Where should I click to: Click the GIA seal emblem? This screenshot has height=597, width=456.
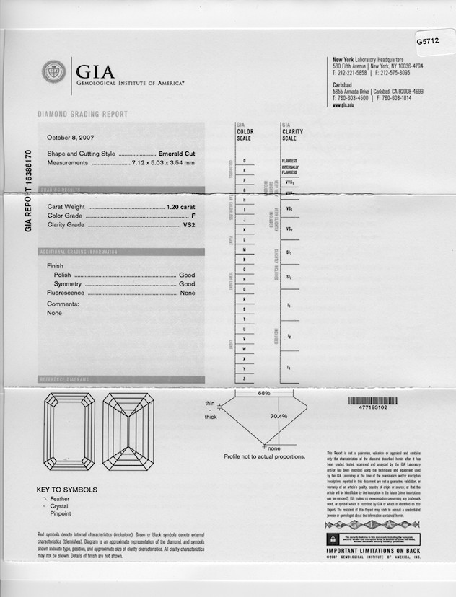pyautogui.click(x=53, y=73)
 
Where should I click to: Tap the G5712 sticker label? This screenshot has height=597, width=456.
pyautogui.click(x=428, y=42)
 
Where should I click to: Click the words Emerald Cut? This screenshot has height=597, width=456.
pyautogui.click(x=177, y=154)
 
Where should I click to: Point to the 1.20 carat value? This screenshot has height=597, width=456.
pyautogui.click(x=180, y=207)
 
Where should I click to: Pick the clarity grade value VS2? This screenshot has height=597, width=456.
pyautogui.click(x=188, y=225)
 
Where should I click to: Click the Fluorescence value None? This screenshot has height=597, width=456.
pyautogui.click(x=188, y=293)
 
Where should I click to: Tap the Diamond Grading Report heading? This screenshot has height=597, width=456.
pyautogui.click(x=82, y=114)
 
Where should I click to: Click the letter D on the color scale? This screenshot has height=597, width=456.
pyautogui.click(x=245, y=159)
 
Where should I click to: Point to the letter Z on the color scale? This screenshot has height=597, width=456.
pyautogui.click(x=245, y=378)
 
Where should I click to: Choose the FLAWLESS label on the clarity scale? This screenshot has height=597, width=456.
pyautogui.click(x=290, y=159)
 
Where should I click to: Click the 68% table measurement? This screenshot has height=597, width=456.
pyautogui.click(x=263, y=393)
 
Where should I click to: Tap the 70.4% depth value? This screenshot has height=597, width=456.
pyautogui.click(x=279, y=416)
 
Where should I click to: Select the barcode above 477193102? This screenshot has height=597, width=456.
pyautogui.click(x=373, y=399)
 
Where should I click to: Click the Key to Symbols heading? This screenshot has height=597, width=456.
pyautogui.click(x=66, y=490)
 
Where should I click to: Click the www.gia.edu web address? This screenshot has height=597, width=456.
pyautogui.click(x=343, y=105)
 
